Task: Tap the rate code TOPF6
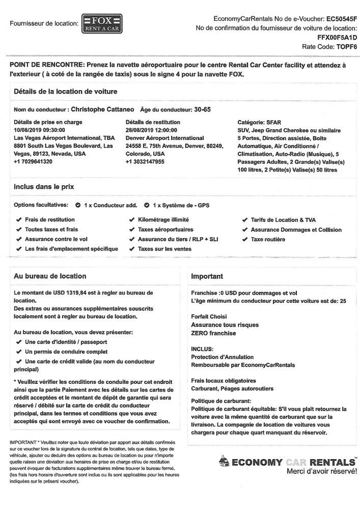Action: tap(346, 46)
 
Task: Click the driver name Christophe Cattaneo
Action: tap(102, 109)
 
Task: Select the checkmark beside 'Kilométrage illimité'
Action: tap(132, 220)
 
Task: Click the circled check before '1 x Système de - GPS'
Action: tap(147, 206)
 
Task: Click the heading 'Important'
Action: tap(207, 276)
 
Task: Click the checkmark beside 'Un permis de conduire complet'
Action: tap(19, 352)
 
